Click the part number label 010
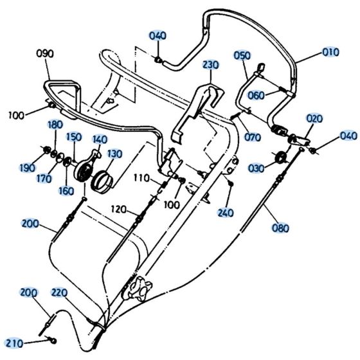(331, 51)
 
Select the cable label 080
(280, 228)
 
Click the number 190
(27, 168)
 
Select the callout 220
(59, 292)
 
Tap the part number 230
(212, 66)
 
